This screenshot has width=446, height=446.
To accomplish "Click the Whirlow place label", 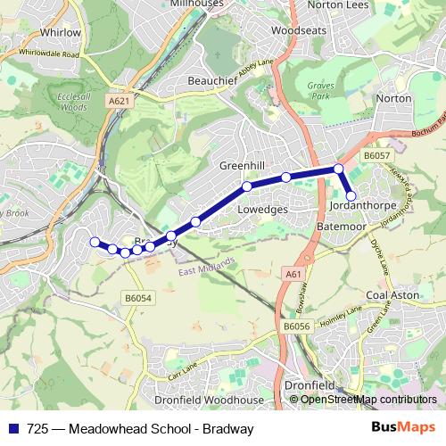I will (x=61, y=32).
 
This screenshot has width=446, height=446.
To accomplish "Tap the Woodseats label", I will (x=295, y=29).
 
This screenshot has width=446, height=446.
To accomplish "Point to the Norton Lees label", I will (x=337, y=4).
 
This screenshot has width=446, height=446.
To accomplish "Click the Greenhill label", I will (x=242, y=166).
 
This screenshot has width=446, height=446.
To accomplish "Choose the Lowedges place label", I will (x=263, y=209).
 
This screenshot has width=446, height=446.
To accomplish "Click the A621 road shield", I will (x=118, y=101).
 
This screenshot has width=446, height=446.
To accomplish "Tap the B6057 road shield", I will (x=376, y=155).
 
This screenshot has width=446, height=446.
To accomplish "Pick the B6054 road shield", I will (x=138, y=298).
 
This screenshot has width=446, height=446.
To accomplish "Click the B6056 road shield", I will (x=297, y=327).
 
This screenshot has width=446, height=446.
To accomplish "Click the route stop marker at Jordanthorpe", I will (x=351, y=195).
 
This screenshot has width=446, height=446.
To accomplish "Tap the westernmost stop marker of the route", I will (x=94, y=241).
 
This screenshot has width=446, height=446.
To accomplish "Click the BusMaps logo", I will (x=400, y=427).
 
